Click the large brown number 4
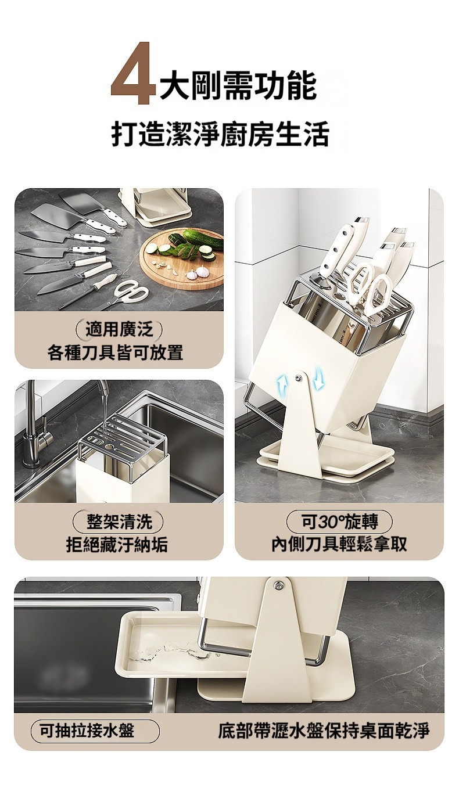(134, 74)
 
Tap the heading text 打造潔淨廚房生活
(220, 134)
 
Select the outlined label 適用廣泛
(119, 330)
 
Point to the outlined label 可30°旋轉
(339, 521)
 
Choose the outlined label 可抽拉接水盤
(95, 731)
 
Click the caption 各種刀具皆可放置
(116, 352)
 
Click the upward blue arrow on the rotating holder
(282, 384)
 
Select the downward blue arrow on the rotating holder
(318, 377)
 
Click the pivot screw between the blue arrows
(298, 377)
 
